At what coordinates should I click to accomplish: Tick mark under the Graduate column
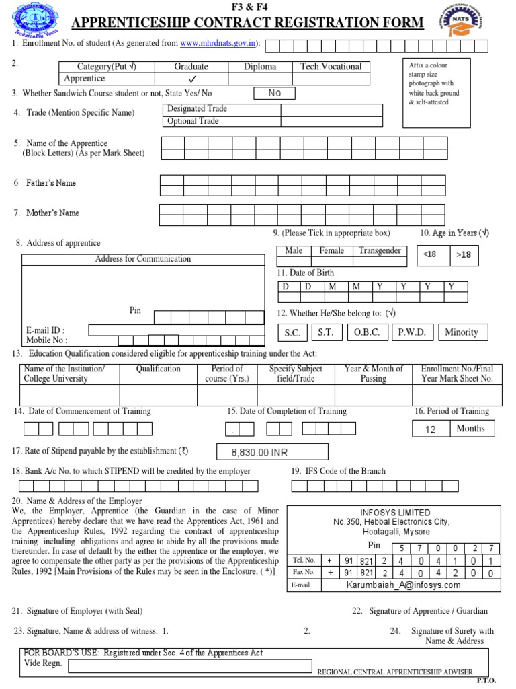point(191,79)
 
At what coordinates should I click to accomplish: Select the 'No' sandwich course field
point(274,93)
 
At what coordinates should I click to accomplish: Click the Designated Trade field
point(273,109)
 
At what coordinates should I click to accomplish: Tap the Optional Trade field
point(273,121)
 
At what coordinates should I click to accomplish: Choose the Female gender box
point(331,251)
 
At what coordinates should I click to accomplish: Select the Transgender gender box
point(380,251)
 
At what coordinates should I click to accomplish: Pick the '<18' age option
point(430,254)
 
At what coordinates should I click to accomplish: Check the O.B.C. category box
point(367,332)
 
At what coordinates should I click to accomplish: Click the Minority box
point(462,332)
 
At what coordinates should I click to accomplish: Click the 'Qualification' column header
point(158,369)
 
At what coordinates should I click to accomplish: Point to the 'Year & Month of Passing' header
point(374,373)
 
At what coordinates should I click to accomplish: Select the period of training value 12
point(431,429)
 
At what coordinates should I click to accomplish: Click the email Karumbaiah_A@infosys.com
point(403,585)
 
